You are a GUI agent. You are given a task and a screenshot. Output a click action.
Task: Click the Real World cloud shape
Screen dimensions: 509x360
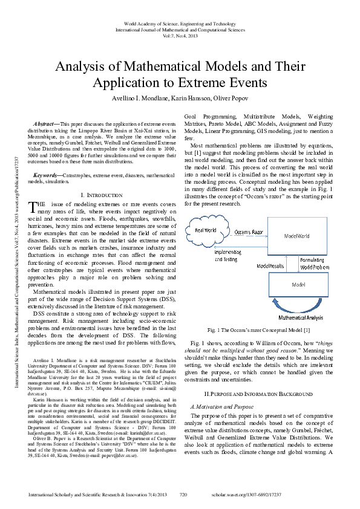tap(207, 231)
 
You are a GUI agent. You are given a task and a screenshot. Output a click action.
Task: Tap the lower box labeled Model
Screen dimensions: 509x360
tap(298, 284)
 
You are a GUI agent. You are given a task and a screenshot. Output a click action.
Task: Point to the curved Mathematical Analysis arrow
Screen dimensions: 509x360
tap(285, 313)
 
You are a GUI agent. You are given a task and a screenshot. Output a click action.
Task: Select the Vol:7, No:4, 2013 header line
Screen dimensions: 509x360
tap(180, 36)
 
